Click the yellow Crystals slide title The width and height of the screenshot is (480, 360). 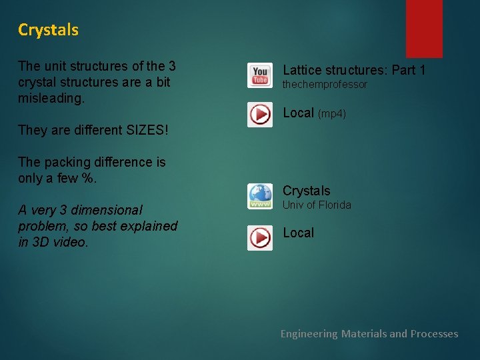pyautogui.click(x=48, y=30)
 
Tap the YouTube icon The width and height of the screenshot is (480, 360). pyautogui.click(x=259, y=75)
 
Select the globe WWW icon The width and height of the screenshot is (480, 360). pyautogui.click(x=259, y=196)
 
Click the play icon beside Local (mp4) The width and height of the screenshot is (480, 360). pyautogui.click(x=259, y=114)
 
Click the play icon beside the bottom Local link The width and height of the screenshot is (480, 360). pyautogui.click(x=259, y=237)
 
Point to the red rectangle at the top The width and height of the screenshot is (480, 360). pyautogui.click(x=424, y=28)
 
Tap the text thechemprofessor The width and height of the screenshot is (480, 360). pyautogui.click(x=325, y=85)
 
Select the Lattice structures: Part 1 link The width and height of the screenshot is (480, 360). pyautogui.click(x=354, y=70)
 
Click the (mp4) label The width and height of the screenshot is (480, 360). pyautogui.click(x=332, y=114)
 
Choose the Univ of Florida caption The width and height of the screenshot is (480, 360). pyautogui.click(x=317, y=205)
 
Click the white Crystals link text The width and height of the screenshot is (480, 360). pyautogui.click(x=306, y=191)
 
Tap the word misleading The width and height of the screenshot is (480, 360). pyautogui.click(x=51, y=98)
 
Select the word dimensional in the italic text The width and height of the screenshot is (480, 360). pyautogui.click(x=108, y=210)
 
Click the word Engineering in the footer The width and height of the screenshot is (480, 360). pyautogui.click(x=309, y=334)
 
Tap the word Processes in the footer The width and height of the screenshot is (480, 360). pyautogui.click(x=434, y=334)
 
